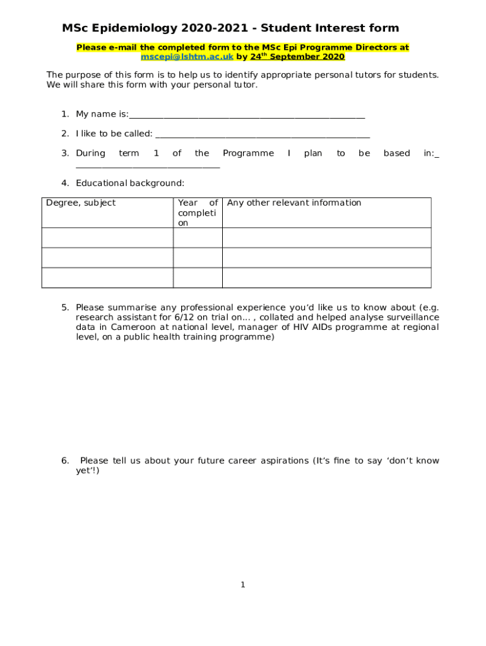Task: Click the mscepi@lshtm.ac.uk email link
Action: (187, 57)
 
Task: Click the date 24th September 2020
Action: (297, 57)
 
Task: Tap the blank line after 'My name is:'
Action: (246, 115)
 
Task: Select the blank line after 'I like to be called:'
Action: (262, 134)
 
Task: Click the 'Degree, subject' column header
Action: (81, 203)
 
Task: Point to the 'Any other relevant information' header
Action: (294, 203)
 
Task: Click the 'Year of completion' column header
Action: (198, 213)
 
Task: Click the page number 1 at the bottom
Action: (242, 585)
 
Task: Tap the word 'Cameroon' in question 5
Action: (135, 327)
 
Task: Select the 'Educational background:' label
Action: (130, 184)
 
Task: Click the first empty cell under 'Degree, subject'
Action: (107, 238)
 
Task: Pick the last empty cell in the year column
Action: (198, 278)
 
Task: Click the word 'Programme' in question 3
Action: (248, 153)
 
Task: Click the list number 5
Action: (65, 308)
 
